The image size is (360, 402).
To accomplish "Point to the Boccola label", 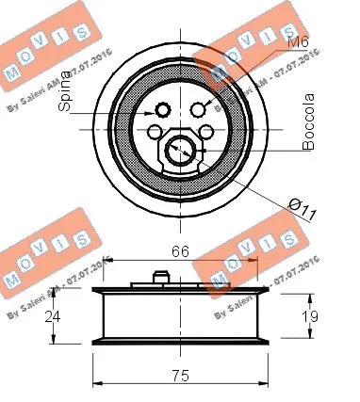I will click(308, 133).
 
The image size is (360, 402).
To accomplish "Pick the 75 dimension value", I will click(180, 374).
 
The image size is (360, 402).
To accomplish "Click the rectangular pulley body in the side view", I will click(180, 318).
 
